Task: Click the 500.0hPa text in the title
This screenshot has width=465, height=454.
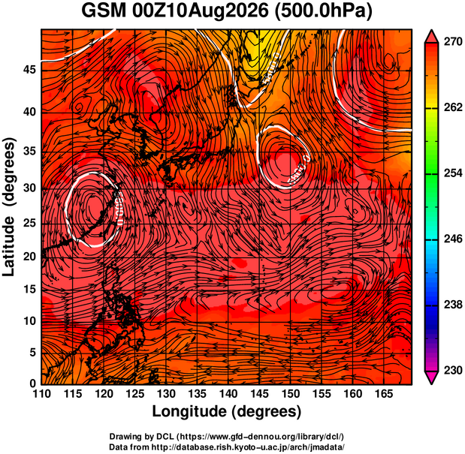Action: [x=324, y=11]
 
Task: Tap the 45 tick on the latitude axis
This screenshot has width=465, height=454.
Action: [x=29, y=70]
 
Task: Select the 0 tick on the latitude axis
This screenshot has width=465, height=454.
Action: [x=32, y=383]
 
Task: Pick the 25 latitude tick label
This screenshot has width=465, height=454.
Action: [x=29, y=223]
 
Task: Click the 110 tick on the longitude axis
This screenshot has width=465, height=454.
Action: [x=41, y=394]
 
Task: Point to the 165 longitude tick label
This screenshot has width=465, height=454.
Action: [x=384, y=394]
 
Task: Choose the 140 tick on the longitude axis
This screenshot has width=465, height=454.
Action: [x=228, y=394]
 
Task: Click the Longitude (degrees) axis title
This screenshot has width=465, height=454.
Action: [x=227, y=411]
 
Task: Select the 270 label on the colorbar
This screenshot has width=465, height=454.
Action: [x=453, y=42]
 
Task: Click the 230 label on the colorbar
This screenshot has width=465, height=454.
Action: [x=453, y=370]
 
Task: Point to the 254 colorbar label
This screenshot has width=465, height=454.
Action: [x=453, y=173]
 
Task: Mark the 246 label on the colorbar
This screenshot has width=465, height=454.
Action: [x=453, y=239]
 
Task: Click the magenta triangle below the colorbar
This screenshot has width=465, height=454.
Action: [x=431, y=377]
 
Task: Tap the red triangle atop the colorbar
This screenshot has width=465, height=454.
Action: [x=431, y=37]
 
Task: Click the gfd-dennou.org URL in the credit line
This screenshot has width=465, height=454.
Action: [x=261, y=437]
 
